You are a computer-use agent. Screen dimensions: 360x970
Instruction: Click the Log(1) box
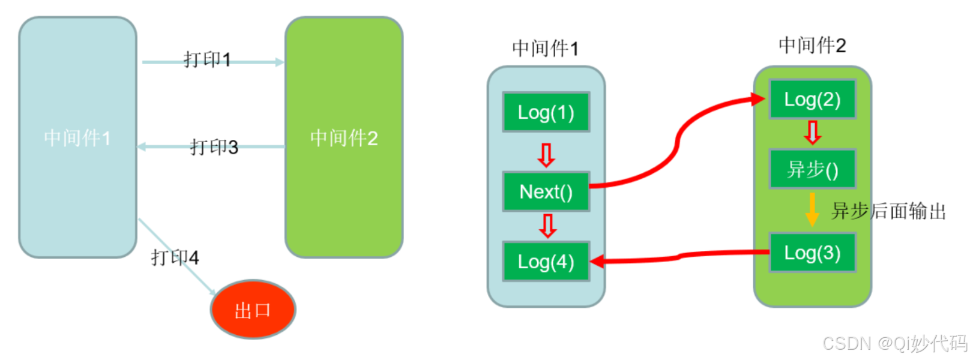(x=546, y=112)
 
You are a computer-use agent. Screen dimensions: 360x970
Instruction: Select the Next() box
(x=546, y=191)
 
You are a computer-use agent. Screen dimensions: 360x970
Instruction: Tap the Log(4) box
(x=546, y=262)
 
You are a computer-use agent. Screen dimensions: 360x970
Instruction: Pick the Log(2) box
(x=812, y=100)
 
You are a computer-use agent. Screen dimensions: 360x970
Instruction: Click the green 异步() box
(x=812, y=169)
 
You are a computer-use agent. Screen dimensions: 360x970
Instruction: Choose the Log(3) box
(x=812, y=253)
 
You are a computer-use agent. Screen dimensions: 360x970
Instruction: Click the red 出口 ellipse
(x=253, y=310)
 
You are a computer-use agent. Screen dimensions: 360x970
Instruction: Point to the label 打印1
(x=207, y=59)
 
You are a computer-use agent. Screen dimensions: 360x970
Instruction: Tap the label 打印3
(x=214, y=147)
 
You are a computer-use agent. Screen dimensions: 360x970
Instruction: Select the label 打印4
(x=175, y=257)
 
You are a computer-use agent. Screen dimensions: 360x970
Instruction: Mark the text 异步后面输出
(x=888, y=211)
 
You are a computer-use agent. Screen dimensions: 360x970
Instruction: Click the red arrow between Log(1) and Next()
(x=546, y=154)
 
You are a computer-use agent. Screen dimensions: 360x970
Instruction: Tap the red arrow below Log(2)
(x=812, y=132)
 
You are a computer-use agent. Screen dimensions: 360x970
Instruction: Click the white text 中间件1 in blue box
(x=77, y=138)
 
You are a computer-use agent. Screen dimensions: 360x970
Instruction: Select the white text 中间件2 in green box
(x=344, y=138)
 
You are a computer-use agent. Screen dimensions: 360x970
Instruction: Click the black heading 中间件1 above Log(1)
(x=545, y=49)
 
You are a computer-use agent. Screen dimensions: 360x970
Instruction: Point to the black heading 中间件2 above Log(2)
(x=812, y=45)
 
